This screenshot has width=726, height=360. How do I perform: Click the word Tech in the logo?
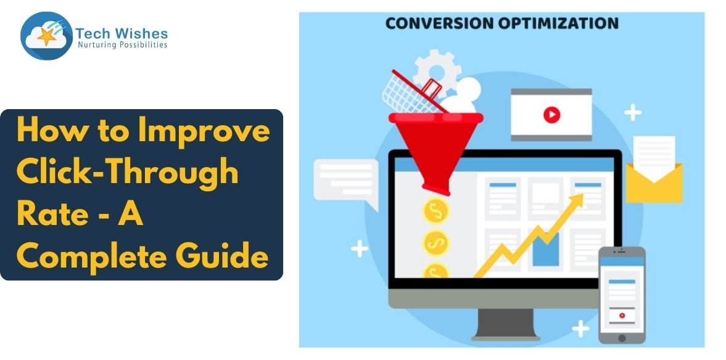click(91, 33)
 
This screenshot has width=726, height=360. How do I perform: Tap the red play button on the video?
click(551, 115)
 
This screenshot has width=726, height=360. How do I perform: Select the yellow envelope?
click(654, 182)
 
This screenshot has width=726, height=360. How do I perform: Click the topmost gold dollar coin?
click(436, 211)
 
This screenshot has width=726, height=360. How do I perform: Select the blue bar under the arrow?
click(545, 249)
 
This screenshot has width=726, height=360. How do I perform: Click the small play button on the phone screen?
click(622, 315)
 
